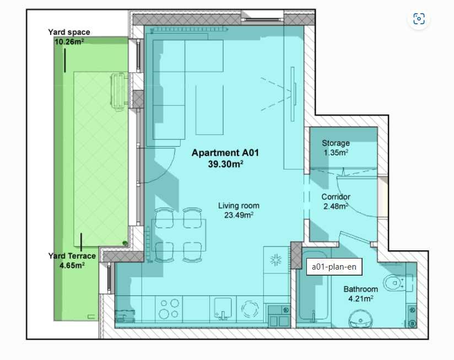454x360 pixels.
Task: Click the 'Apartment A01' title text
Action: coord(225,153)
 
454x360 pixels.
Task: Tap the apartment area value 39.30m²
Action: coord(226,164)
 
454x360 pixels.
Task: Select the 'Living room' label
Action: coord(239,206)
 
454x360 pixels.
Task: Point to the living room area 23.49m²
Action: coord(239,215)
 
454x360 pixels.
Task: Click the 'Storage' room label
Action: coord(336,143)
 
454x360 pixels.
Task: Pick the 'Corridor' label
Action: coord(336,197)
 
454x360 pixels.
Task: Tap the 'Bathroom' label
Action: coord(360,289)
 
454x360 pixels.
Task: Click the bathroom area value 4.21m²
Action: coord(360,299)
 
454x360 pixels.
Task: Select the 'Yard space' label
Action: coord(69,33)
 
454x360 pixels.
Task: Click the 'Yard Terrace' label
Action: coord(72,256)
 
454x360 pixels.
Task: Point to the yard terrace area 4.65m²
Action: coord(72,265)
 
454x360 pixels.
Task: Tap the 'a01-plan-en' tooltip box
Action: coord(334,267)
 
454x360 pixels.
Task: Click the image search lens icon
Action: coord(419,19)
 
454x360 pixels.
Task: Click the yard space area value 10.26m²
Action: coord(69,41)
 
